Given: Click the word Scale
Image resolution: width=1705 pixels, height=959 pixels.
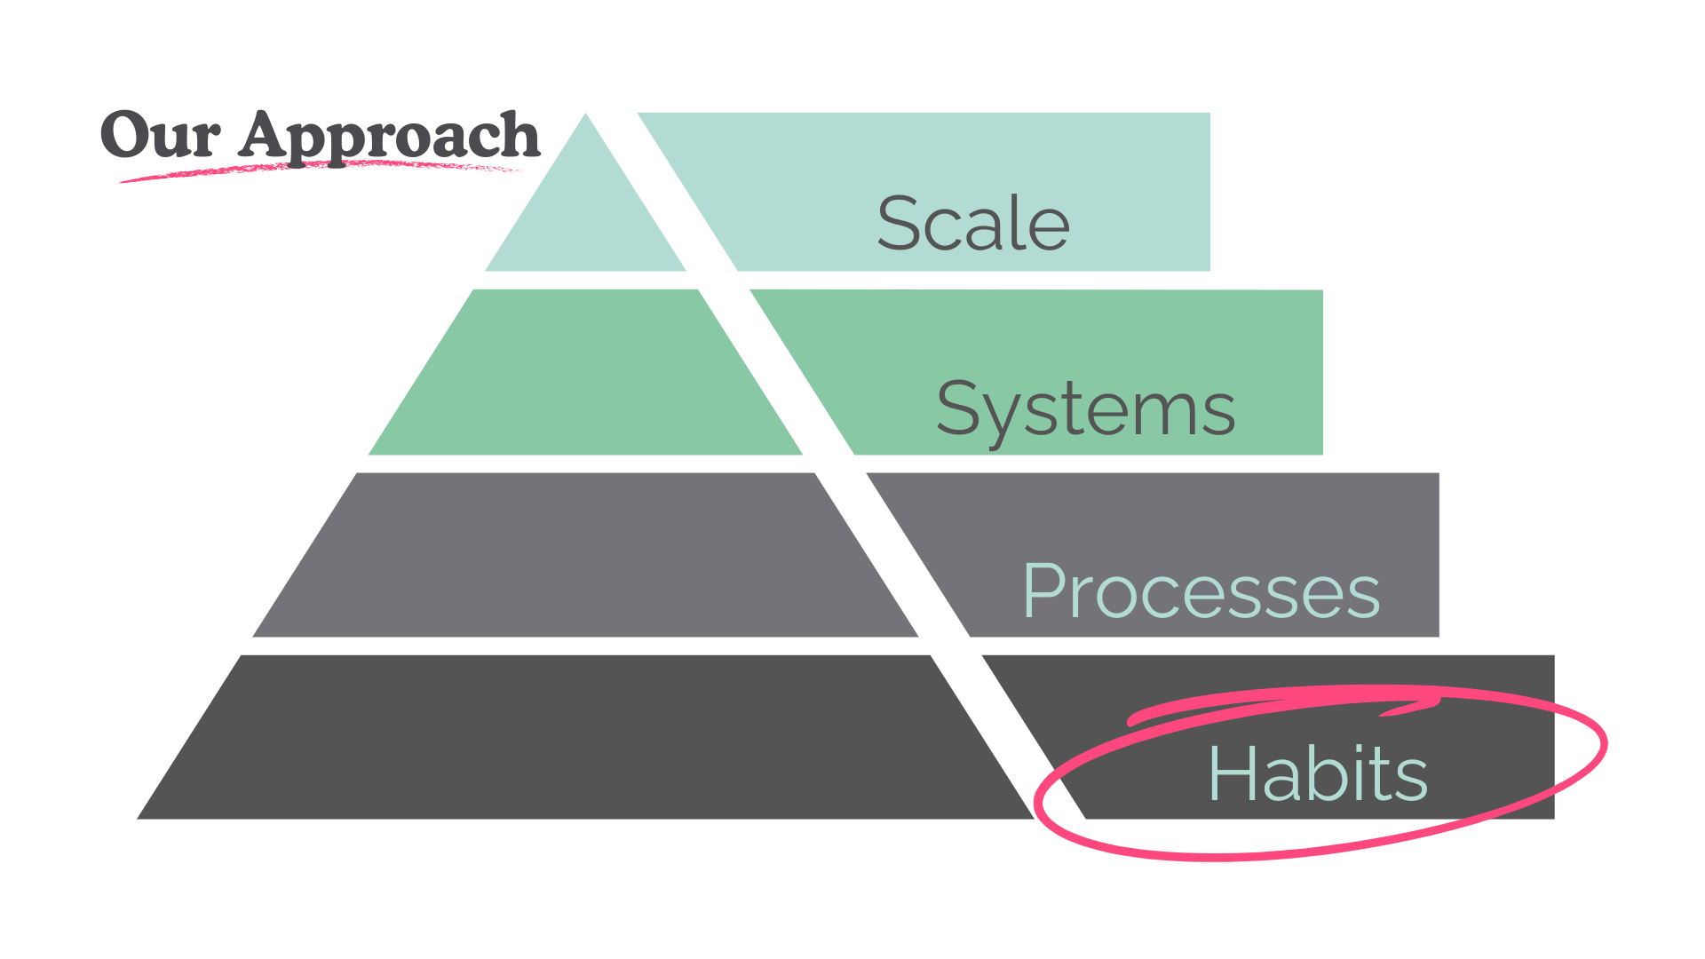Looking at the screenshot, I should click(x=973, y=223).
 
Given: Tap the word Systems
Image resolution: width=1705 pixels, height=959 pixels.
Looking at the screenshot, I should click(x=1085, y=409).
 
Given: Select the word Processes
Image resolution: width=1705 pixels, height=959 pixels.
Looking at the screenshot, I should click(x=1201, y=591).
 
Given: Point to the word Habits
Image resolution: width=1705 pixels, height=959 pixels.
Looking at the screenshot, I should click(x=1318, y=774).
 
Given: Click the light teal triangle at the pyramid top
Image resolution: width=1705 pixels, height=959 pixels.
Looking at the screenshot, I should click(x=585, y=213).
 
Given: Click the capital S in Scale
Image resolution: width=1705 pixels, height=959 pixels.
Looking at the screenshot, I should click(x=899, y=223).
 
